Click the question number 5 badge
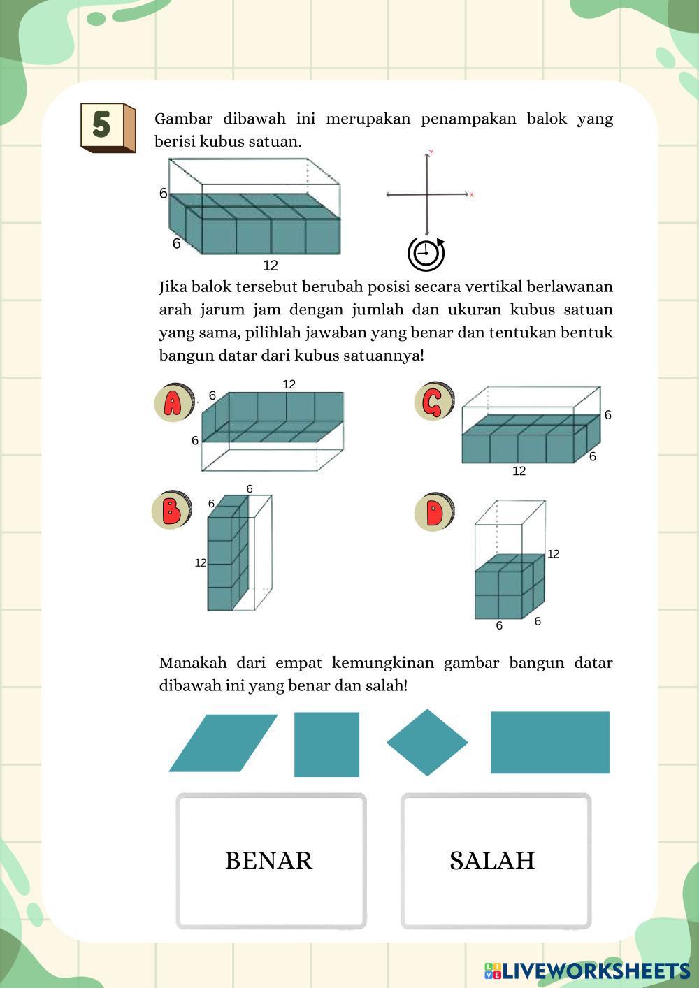pyautogui.click(x=107, y=126)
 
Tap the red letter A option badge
pyautogui.click(x=173, y=402)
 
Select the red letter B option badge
pyautogui.click(x=171, y=510)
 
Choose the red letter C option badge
pyautogui.click(x=433, y=402)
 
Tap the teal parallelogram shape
pyautogui.click(x=223, y=743)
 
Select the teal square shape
pyautogui.click(x=326, y=744)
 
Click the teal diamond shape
pyautogui.click(x=427, y=743)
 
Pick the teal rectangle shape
pyautogui.click(x=550, y=742)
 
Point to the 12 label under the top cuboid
pyautogui.click(x=271, y=266)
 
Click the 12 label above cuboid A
pyautogui.click(x=289, y=384)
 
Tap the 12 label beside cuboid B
pyautogui.click(x=201, y=562)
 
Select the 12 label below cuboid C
pyautogui.click(x=519, y=472)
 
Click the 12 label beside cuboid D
pyautogui.click(x=553, y=554)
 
